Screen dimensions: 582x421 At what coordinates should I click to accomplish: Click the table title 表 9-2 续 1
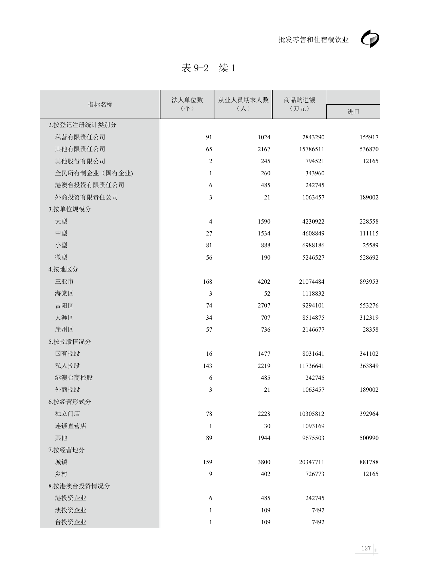[208, 68]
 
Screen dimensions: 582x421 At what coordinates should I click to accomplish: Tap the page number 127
[366, 548]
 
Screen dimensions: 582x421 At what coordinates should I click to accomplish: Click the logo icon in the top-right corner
[370, 39]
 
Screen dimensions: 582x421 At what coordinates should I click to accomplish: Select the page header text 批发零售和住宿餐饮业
[313, 40]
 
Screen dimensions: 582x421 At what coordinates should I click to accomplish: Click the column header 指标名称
[100, 104]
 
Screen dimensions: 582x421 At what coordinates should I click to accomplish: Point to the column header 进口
[353, 111]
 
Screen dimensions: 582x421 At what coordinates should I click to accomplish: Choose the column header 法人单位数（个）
[187, 104]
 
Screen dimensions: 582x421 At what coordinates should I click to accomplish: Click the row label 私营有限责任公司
[80, 137]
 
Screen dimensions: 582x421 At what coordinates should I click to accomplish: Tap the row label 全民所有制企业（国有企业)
[94, 173]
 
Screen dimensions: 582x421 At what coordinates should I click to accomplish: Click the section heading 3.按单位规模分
[70, 209]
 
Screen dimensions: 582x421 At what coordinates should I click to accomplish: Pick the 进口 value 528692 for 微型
[369, 258]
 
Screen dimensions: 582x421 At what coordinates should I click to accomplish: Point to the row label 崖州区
[64, 330]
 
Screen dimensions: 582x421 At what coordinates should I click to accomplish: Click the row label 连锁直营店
[71, 426]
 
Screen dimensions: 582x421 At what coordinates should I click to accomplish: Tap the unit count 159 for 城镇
[207, 462]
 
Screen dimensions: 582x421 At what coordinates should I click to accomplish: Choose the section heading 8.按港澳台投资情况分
[79, 486]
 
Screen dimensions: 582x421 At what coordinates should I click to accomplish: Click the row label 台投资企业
[71, 522]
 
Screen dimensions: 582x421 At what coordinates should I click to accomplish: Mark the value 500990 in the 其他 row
[369, 438]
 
